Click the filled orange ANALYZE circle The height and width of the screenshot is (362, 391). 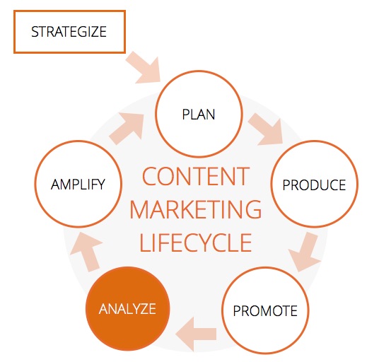[x=127, y=309]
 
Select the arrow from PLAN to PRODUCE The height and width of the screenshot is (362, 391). [x=267, y=129]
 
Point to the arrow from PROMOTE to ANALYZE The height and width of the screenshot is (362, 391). [x=196, y=334]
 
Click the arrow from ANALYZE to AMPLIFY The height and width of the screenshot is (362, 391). [x=86, y=251]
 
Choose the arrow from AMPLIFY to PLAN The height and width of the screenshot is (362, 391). [x=127, y=128]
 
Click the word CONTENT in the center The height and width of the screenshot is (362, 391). [x=196, y=176]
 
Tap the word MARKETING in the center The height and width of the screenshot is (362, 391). [x=196, y=209]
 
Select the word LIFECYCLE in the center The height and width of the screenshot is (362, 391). [x=196, y=243]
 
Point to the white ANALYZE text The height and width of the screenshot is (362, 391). [x=127, y=309]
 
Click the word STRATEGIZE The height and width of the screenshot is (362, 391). [x=69, y=32]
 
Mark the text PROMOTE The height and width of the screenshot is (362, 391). [x=265, y=310]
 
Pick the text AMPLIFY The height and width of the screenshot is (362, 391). [x=78, y=185]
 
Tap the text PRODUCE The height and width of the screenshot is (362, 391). [x=314, y=185]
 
